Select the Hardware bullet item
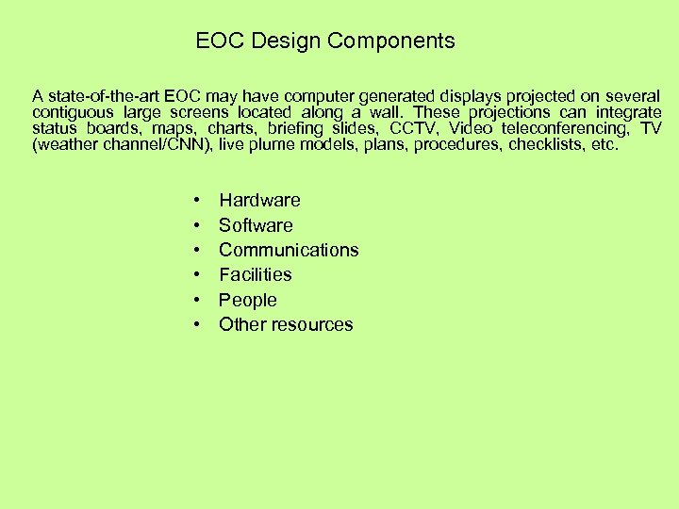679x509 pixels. (259, 200)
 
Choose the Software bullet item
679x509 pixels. (256, 225)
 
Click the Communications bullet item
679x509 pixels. (289, 250)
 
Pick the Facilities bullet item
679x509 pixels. (256, 274)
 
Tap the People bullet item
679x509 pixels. (248, 300)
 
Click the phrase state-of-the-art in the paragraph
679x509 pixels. (103, 96)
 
